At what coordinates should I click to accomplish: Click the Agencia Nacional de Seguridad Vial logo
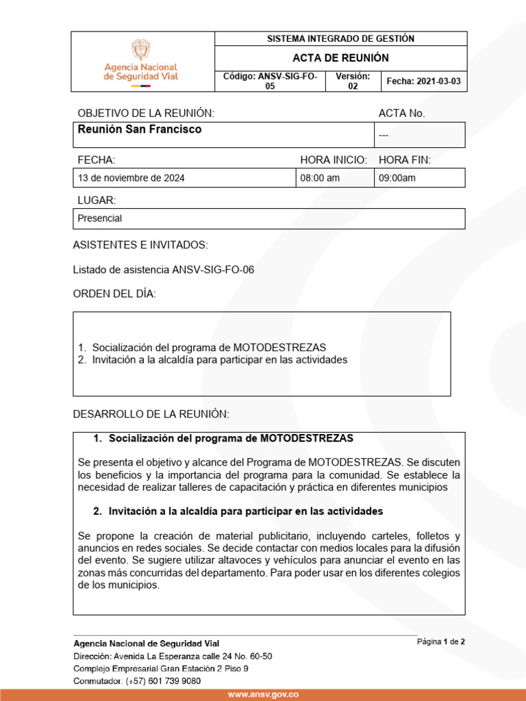pyautogui.click(x=140, y=62)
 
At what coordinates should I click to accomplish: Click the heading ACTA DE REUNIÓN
pyautogui.click(x=340, y=58)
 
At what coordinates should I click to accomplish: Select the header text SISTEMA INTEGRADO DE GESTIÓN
pyautogui.click(x=340, y=39)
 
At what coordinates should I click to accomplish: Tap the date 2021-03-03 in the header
pyautogui.click(x=423, y=81)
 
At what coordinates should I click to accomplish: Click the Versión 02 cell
pyautogui.click(x=353, y=81)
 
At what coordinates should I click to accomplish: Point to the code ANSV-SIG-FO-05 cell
pyautogui.click(x=270, y=81)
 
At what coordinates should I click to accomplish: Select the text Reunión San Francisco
pyautogui.click(x=140, y=129)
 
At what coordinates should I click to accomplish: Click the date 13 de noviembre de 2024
pyautogui.click(x=131, y=178)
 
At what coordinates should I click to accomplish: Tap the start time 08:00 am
pyautogui.click(x=320, y=178)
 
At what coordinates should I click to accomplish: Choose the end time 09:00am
pyautogui.click(x=397, y=178)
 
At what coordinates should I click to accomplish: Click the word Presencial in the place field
pyautogui.click(x=100, y=218)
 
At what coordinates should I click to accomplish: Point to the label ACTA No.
pyautogui.click(x=402, y=113)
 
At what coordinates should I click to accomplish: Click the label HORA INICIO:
pyautogui.click(x=334, y=160)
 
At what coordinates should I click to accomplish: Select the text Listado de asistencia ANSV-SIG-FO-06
pyautogui.click(x=164, y=270)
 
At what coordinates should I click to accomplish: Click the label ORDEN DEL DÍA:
pyautogui.click(x=114, y=294)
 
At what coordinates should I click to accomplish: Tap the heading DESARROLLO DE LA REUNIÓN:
pyautogui.click(x=151, y=414)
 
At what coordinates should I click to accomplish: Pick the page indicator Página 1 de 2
pyautogui.click(x=441, y=642)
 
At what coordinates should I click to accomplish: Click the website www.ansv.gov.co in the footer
pyautogui.click(x=263, y=694)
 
